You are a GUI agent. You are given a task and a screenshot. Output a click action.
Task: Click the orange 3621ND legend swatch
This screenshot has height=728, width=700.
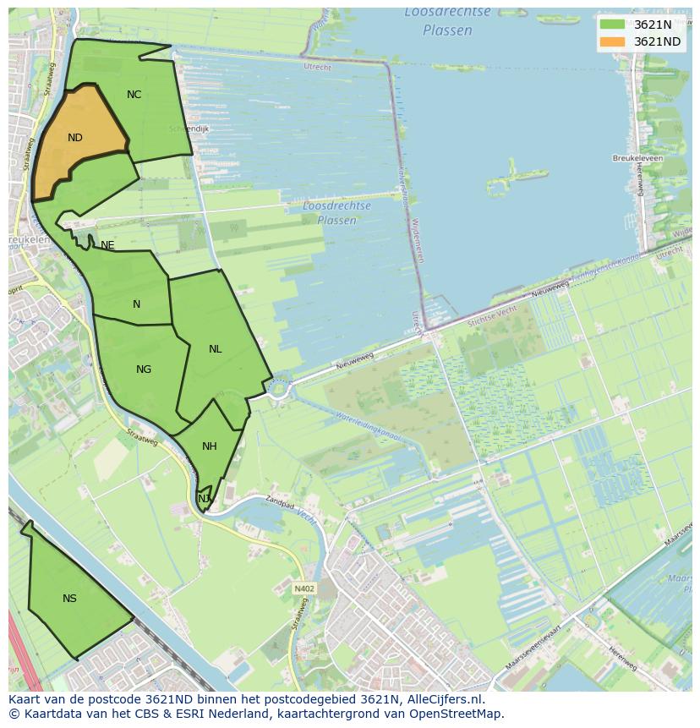[x=613, y=41]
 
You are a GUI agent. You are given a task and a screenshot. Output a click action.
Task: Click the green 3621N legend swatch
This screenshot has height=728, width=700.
[x=613, y=25]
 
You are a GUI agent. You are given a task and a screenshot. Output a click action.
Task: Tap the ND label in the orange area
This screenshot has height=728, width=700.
[x=75, y=138]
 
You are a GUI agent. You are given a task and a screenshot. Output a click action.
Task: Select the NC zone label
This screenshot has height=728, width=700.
[x=134, y=95]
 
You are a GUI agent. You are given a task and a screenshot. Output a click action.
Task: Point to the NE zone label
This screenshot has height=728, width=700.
[x=107, y=245]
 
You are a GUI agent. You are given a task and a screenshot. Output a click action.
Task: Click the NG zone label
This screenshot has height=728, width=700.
[x=144, y=369]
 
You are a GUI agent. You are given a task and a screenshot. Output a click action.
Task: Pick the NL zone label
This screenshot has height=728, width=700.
[x=216, y=349]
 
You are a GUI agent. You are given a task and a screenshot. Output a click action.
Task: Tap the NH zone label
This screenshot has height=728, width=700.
[x=210, y=446]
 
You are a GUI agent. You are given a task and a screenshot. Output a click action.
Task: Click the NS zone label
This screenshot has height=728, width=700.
[x=69, y=599]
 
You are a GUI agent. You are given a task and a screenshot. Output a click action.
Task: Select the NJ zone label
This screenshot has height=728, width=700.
[x=204, y=499]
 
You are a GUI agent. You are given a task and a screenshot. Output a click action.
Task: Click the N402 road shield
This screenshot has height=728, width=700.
[x=304, y=588]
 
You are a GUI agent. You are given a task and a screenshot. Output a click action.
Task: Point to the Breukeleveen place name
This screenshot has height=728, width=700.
[x=637, y=158]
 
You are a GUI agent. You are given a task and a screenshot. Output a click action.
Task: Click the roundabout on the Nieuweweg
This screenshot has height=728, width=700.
[x=278, y=389]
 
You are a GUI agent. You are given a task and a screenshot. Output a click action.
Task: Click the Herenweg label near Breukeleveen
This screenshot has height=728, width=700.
[x=639, y=178]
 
